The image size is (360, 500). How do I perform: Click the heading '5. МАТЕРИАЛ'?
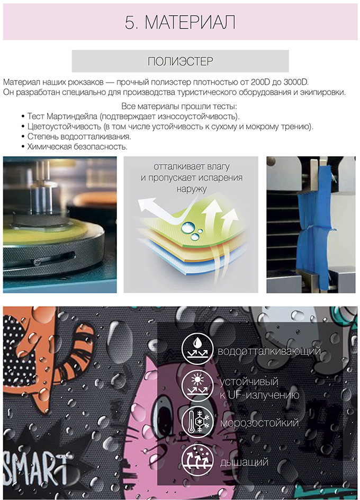pos(180,22)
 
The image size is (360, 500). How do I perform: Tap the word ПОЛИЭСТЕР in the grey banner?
pos(180,61)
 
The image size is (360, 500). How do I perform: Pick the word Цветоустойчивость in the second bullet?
pos(64,127)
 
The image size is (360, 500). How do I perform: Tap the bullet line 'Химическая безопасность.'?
pos(77,147)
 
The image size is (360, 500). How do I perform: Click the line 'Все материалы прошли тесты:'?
pos(179,106)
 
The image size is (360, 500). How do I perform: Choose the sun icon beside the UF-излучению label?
pos(197,386)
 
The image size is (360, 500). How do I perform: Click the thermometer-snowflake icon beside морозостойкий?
pos(197,423)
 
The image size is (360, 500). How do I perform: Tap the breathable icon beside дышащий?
pos(197,460)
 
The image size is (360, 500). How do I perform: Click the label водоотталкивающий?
pos(269,351)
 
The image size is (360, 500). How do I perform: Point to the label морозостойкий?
pos(259,423)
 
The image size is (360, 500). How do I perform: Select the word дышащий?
pos(244,462)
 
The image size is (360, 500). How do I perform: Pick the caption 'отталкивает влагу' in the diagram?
pos(192,166)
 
